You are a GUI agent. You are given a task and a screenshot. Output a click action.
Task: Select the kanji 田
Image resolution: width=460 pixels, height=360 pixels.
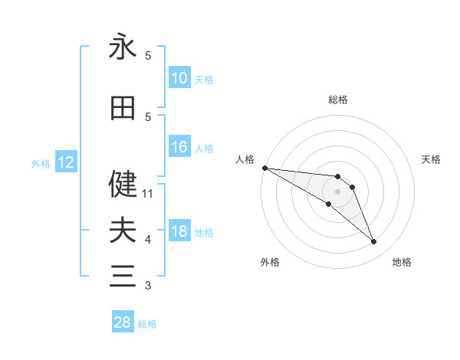(x=123, y=109)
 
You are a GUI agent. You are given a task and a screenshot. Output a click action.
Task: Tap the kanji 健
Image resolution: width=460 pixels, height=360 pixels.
(x=123, y=184)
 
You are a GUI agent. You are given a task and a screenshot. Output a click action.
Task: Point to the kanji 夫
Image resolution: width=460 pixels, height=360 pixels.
(x=123, y=230)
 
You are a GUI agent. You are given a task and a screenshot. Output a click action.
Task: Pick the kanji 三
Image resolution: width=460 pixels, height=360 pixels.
(x=123, y=276)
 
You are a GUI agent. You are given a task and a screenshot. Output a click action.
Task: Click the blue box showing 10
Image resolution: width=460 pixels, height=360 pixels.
(x=179, y=78)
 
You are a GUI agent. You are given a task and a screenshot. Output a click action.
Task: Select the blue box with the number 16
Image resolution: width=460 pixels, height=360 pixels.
(x=179, y=147)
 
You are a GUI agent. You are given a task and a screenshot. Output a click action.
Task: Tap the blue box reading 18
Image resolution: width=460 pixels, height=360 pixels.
(x=179, y=231)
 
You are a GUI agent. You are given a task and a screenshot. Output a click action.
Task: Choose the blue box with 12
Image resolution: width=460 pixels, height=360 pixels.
(x=65, y=162)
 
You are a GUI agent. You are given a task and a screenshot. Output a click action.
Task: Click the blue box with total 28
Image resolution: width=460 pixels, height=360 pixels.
(x=123, y=322)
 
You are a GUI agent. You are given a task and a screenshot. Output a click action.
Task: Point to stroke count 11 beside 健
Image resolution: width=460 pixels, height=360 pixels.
(x=148, y=194)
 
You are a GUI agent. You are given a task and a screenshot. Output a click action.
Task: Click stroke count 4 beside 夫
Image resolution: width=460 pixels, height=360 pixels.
(x=148, y=240)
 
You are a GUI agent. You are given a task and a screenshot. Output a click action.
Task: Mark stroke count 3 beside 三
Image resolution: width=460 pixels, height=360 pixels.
(x=148, y=286)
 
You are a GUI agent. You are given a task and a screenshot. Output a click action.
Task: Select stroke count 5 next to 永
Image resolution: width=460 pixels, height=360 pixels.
(x=148, y=56)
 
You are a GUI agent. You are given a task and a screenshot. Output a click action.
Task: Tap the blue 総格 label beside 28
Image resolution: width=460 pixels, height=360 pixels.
(x=148, y=324)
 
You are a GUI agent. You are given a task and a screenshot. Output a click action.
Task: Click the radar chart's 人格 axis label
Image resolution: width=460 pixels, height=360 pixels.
(x=245, y=159)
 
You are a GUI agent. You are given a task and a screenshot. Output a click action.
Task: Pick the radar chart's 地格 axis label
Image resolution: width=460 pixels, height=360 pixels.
(x=402, y=262)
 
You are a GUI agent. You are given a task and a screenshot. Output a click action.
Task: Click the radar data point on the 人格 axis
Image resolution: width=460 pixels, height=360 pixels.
(x=264, y=168)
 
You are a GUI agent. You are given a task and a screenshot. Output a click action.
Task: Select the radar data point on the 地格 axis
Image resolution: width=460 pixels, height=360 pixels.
(x=373, y=242)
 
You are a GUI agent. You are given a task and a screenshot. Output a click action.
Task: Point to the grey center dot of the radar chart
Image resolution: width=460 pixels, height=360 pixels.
(x=337, y=191)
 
